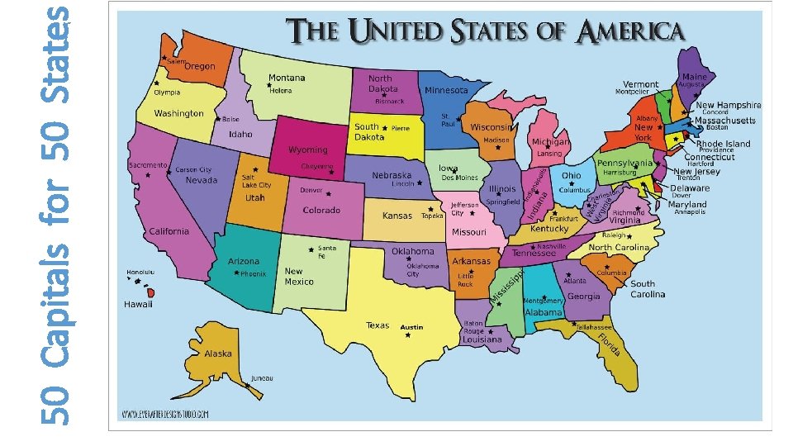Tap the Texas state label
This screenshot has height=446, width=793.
point(378,325)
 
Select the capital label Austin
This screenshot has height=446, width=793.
point(411,328)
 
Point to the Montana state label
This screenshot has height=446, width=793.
point(287,78)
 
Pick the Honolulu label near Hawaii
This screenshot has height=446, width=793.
point(140,272)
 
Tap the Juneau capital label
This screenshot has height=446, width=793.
point(263,378)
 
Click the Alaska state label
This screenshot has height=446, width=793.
point(218,353)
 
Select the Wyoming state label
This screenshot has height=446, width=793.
point(307,150)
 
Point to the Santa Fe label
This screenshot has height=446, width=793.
point(327,252)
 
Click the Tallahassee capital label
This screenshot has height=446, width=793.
point(593,327)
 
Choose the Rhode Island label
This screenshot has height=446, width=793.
point(723,143)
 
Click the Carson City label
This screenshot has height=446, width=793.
point(193,170)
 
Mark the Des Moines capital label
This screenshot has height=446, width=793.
point(459,178)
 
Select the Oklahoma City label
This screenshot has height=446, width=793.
point(422,270)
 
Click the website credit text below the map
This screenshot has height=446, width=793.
point(165,413)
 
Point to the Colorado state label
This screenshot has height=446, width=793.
point(321,211)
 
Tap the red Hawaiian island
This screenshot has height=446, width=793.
point(150,292)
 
